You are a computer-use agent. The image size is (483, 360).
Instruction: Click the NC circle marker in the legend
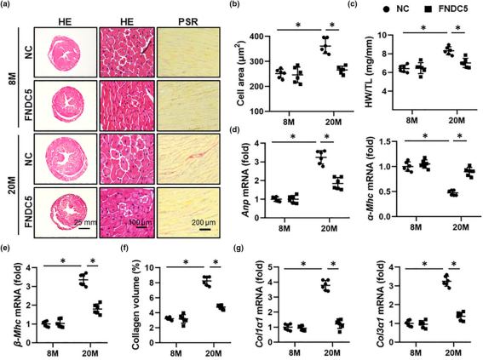pos(386,9)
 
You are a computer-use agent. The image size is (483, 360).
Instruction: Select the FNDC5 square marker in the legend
pos(428,9)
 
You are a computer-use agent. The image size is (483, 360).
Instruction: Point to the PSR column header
pos(188,22)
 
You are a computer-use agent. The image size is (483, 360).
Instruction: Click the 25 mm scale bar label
pos(86,222)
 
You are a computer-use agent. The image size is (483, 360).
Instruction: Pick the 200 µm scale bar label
pos(204,222)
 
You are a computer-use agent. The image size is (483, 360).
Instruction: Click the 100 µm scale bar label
pos(141,222)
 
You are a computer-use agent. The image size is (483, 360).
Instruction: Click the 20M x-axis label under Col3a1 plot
pos(452,353)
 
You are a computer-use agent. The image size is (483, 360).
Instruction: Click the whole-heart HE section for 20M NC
pos(66,159)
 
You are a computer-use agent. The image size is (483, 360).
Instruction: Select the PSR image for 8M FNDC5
pos(188,106)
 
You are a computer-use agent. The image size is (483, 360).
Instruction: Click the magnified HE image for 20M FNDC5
pos(127,212)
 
